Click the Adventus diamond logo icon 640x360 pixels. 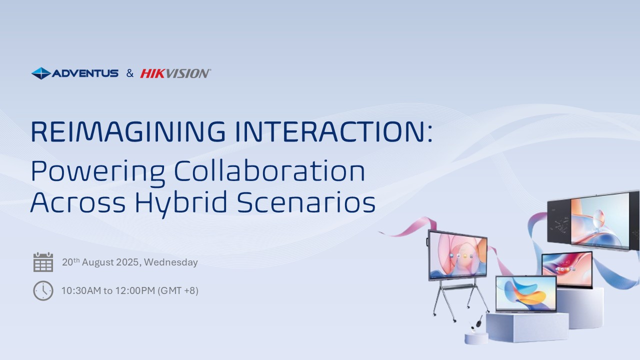click(x=41, y=73)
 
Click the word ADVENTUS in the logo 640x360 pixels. click(x=85, y=73)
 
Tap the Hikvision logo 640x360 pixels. click(x=175, y=73)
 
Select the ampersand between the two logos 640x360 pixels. click(x=130, y=73)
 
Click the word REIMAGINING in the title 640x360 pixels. click(x=128, y=131)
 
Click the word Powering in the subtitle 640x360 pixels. click(x=97, y=171)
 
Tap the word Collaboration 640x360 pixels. click(x=269, y=171)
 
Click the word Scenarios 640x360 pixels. click(x=306, y=202)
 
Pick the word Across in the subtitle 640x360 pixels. click(x=78, y=202)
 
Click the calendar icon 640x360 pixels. click(x=43, y=262)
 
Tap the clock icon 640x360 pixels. click(x=43, y=291)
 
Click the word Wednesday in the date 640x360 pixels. click(x=171, y=262)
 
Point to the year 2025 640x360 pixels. click(x=127, y=262)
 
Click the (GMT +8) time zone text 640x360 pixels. click(x=178, y=291)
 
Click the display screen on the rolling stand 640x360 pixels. click(x=457, y=255)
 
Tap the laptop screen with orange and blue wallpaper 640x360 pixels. click(x=526, y=293)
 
